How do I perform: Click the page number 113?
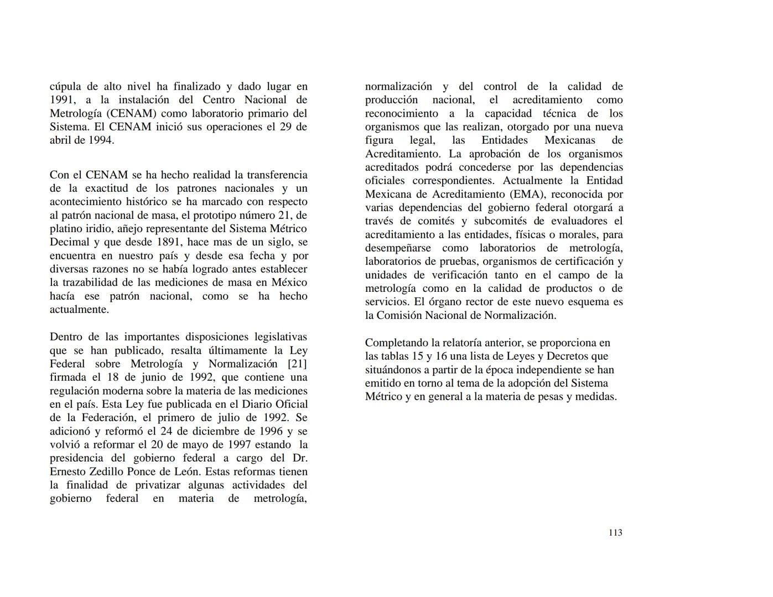click(615, 533)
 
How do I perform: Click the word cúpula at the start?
click(65, 87)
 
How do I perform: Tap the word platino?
click(66, 229)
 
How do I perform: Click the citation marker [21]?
click(298, 364)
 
